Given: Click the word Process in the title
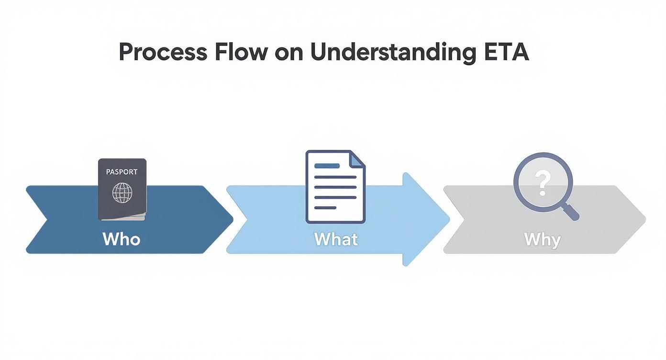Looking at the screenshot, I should [x=163, y=52].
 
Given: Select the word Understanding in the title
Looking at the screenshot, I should [x=393, y=52].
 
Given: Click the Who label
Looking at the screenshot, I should [x=122, y=238].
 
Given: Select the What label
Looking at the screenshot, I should [x=336, y=238].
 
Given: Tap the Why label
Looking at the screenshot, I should [x=542, y=238].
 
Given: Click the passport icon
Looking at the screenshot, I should [x=122, y=190].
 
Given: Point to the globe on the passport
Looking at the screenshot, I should [x=122, y=192].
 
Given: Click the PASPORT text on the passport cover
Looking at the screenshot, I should [x=122, y=172].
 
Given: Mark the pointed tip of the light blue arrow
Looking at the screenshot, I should [x=449, y=219].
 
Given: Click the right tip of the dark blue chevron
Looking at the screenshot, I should [x=233, y=219].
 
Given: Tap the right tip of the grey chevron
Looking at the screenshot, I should [x=645, y=219].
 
